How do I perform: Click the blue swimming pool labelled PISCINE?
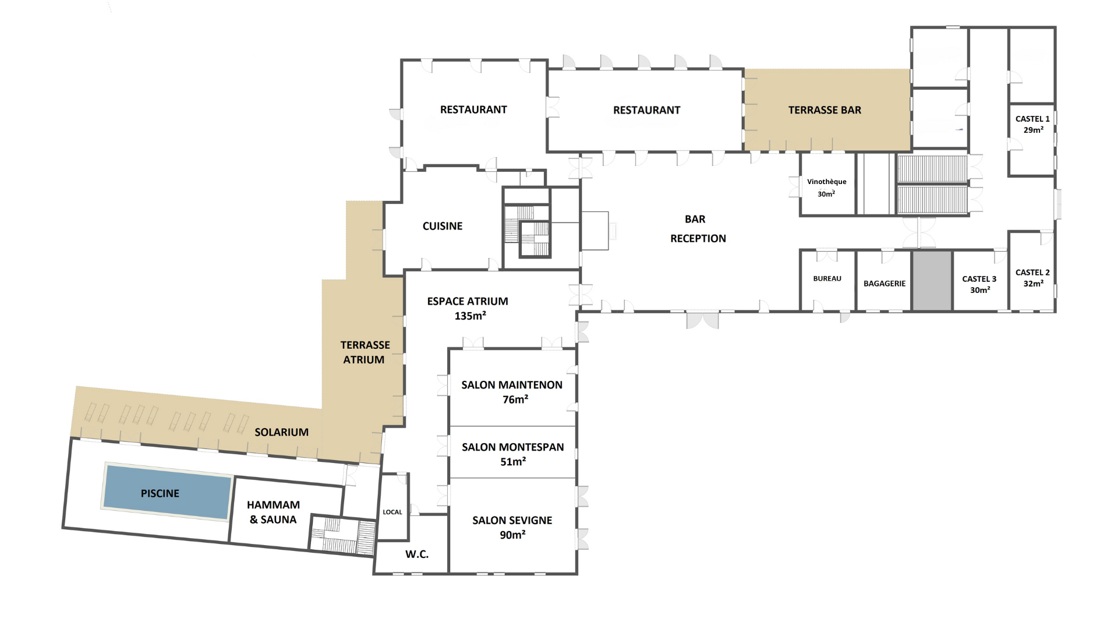[x=167, y=492]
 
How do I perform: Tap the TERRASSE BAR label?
[x=825, y=110]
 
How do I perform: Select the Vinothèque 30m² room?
[x=827, y=184]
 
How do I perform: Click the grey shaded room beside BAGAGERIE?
[x=932, y=281]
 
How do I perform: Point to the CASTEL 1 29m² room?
[x=1032, y=139]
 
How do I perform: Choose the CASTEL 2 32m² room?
[x=1032, y=271]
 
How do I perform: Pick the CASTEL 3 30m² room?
[x=981, y=281]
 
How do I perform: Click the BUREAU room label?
[x=827, y=278]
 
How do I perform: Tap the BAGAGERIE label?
[x=885, y=284]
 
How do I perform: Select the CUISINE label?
[x=443, y=226]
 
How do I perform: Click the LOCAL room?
[x=393, y=507]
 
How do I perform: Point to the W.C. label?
[x=417, y=554]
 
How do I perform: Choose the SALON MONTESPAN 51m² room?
[x=512, y=452]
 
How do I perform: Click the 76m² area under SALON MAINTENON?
[x=515, y=400]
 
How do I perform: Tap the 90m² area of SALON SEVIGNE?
[x=512, y=535]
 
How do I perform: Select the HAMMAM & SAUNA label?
[x=273, y=512]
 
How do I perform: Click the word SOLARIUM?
[x=281, y=432]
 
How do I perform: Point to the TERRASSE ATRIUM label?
[x=365, y=352]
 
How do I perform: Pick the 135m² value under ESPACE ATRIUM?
[x=470, y=316]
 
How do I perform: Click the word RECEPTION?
[x=698, y=238]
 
